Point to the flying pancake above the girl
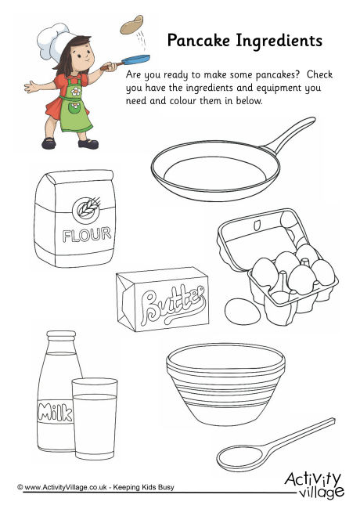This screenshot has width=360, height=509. pyautogui.click(x=131, y=25)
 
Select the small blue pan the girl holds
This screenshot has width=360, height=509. pyautogui.click(x=135, y=60)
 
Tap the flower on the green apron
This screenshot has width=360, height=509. pyautogui.click(x=76, y=91)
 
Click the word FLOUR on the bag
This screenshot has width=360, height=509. pyautogui.click(x=87, y=235)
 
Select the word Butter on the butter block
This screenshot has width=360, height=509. pyautogui.click(x=173, y=305)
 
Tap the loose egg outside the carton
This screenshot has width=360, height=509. pyautogui.click(x=243, y=311)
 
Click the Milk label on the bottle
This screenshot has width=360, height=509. pyautogui.click(x=55, y=413)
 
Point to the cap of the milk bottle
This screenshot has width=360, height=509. pyautogui.click(x=61, y=336)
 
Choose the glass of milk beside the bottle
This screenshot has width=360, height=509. pyautogui.click(x=95, y=419)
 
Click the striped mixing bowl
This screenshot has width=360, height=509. pyautogui.click(x=225, y=384)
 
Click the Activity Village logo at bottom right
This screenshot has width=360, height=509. pyautogui.click(x=314, y=485)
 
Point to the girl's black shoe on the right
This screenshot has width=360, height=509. pyautogui.click(x=88, y=144)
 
